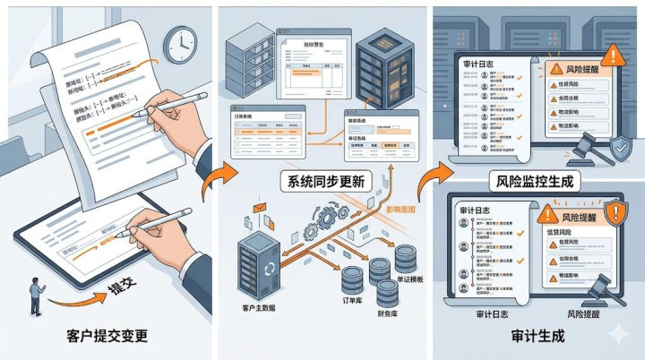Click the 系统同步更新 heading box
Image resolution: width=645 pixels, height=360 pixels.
pos(323,181)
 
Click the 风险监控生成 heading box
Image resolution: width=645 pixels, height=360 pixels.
pos(535,181)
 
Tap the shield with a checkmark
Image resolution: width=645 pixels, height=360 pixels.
pos(620,148)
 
